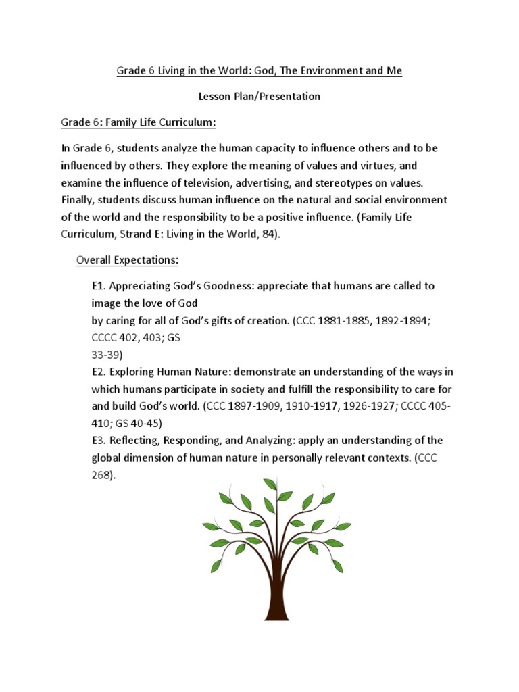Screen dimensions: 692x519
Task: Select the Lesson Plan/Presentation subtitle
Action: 259,96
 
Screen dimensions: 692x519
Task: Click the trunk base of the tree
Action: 277,612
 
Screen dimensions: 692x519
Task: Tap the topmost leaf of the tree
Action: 271,484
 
